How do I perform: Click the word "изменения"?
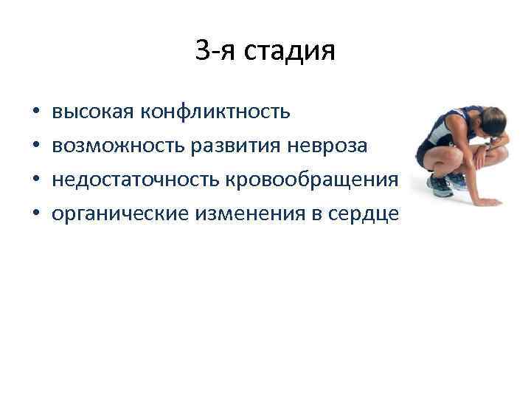[x=245, y=214]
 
